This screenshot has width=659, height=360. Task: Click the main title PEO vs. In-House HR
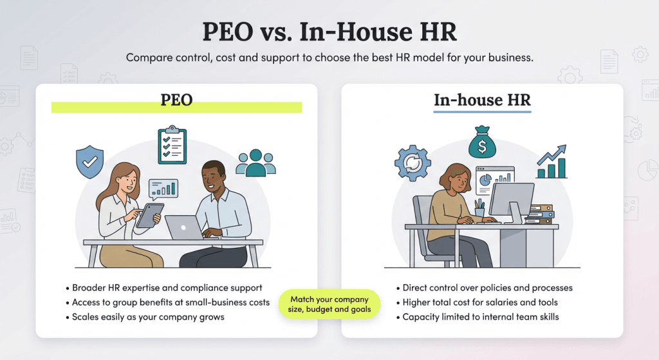[329, 32]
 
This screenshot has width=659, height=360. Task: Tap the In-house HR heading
[482, 100]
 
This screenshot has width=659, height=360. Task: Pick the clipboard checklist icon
[172, 145]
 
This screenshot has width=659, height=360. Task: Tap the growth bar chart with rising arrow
[552, 162]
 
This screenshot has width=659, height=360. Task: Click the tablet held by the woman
[149, 215]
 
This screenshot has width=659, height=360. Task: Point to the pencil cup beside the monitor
[479, 210]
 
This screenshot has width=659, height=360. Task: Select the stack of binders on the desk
[539, 214]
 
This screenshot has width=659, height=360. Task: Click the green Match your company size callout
[329, 304]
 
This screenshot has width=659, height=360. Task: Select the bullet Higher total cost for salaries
[480, 302]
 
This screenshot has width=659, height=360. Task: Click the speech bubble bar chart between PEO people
[163, 188]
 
